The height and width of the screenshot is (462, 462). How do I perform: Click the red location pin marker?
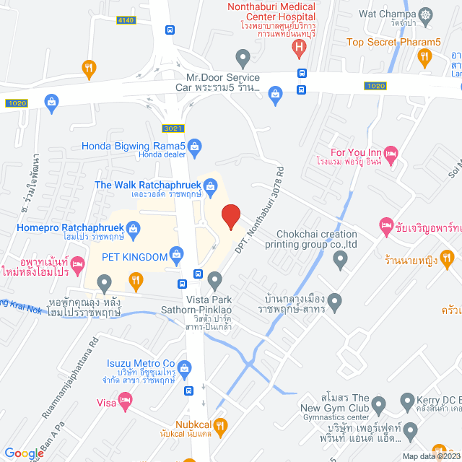(230, 217)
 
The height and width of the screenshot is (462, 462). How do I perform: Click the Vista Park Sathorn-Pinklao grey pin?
(214, 279)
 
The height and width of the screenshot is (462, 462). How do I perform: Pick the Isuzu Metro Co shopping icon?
(185, 368)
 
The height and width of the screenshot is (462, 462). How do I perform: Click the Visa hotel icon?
(125, 398)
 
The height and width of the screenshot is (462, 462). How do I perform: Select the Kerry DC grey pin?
(406, 400)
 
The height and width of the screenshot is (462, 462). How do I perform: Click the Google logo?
(24, 453)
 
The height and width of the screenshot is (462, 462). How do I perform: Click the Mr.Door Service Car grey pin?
(243, 56)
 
